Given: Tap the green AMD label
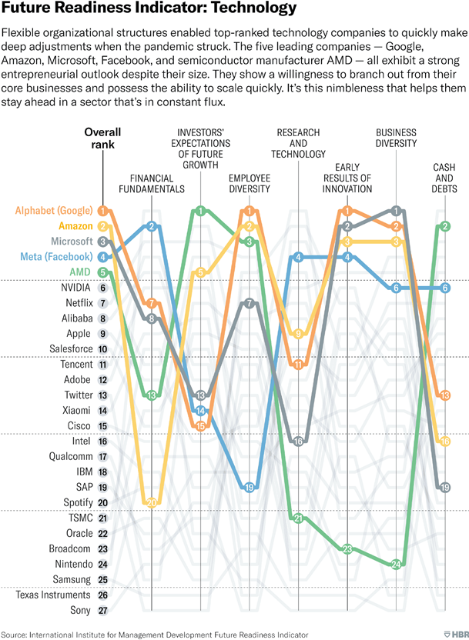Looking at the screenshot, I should tap(80, 272).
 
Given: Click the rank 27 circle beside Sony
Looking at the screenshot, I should tap(102, 611).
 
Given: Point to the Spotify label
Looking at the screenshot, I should tap(74, 503).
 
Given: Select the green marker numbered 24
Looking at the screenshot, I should tap(397, 564).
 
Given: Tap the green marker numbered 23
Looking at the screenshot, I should tap(347, 548).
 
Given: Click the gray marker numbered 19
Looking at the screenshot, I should tap(444, 487).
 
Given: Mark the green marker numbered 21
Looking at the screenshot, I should tap(298, 518).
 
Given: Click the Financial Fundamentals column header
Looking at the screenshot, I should tap(152, 182).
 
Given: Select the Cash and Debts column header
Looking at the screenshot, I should tap(444, 178).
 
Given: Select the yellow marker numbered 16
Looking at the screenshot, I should tap(444, 441).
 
